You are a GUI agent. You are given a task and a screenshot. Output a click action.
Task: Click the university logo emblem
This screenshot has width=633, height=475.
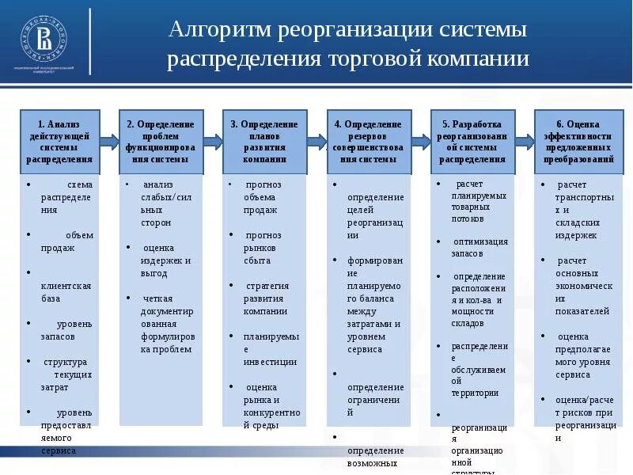pyautogui.click(x=44, y=39)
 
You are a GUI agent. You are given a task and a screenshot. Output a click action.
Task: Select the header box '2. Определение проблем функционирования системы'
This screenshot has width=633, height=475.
pyautogui.click(x=161, y=142)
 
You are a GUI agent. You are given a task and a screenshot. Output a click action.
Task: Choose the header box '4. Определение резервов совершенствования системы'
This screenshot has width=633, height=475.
pyautogui.click(x=368, y=142)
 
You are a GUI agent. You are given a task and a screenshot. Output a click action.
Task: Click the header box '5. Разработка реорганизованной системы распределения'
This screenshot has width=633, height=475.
pyautogui.click(x=472, y=142)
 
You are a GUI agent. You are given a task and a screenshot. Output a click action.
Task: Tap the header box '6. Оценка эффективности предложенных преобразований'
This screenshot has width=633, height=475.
pyautogui.click(x=578, y=142)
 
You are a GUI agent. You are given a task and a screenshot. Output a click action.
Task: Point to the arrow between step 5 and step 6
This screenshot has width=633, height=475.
pyautogui.click(x=524, y=141)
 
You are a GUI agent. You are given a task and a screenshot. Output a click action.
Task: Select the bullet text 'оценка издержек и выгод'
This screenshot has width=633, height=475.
pyautogui.click(x=165, y=260)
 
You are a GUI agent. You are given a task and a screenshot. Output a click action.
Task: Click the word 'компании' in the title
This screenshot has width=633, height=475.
pyautogui.click(x=479, y=60)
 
